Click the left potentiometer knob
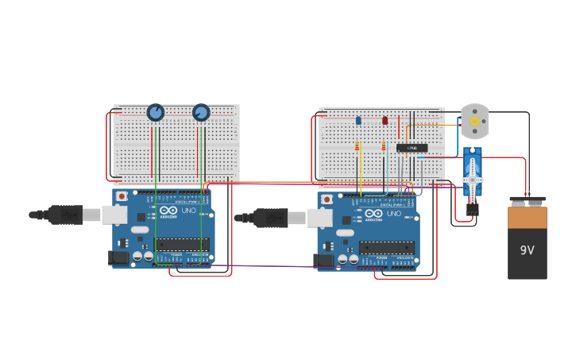156,113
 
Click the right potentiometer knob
201,113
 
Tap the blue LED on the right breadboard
358,121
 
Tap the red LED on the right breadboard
385,121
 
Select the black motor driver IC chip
412,148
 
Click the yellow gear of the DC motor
475,122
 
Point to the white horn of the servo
473,179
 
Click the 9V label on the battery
528,250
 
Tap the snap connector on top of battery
528,201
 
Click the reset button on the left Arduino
122,195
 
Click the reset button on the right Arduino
327,199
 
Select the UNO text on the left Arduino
189,212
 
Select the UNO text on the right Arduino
394,214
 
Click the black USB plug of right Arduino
270,217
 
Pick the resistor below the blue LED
358,146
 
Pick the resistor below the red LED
384,146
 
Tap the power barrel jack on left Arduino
118,257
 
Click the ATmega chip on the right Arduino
386,248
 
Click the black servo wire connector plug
473,210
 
